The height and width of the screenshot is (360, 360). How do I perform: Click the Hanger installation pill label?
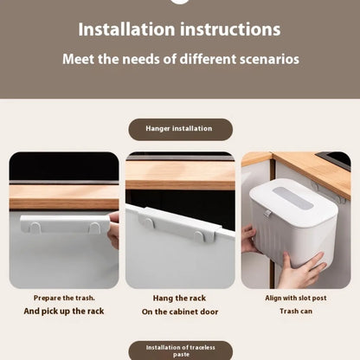coord(180,129)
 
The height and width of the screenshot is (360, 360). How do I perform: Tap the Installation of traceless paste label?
coord(180,350)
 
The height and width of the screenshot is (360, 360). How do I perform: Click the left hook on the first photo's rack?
coord(37,228)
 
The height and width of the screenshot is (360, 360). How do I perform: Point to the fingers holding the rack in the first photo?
coord(113,231)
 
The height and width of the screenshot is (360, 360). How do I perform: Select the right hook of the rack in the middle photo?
coord(199,235)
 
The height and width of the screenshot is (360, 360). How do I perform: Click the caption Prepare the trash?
coord(63,298)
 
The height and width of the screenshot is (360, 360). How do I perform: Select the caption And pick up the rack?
coord(63,311)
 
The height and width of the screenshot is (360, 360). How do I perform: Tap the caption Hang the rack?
coord(180,298)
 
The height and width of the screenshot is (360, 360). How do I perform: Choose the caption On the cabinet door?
coord(180,311)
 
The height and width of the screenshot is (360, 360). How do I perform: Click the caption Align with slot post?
coord(296,298)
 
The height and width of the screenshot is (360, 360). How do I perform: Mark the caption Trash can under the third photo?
coord(296,311)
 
